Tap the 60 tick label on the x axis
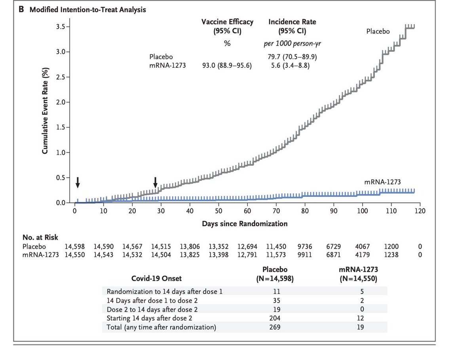(247, 211)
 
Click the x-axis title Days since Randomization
(245, 224)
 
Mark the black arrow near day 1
(78, 183)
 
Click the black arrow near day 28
(156, 183)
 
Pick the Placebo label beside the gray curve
(378, 30)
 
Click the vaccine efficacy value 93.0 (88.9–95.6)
(227, 65)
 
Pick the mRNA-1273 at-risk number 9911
(305, 255)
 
